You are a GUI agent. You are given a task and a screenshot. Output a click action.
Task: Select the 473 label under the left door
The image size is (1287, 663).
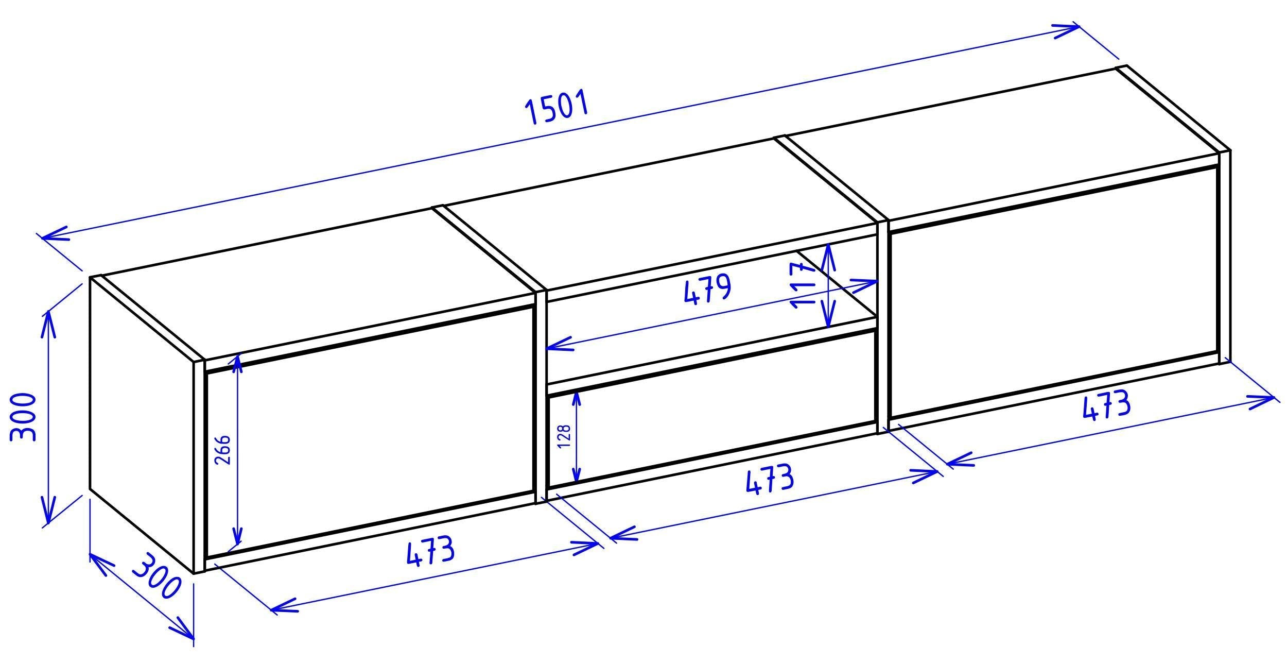point(430,551)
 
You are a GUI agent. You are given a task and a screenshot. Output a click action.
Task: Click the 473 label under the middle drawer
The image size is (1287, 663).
point(770,480)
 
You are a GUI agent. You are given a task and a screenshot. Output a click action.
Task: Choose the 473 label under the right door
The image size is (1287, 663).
point(1106,407)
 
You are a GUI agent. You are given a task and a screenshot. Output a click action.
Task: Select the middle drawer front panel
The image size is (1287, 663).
point(713,410)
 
